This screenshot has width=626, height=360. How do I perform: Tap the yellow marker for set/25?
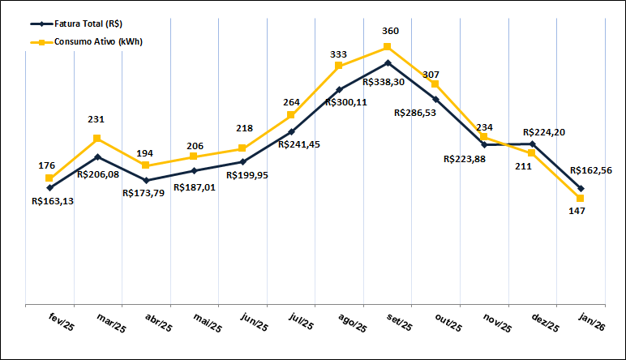tap(388, 47)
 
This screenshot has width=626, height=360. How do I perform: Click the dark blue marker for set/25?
tap(388, 62)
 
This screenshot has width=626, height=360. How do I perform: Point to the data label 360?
tap(391, 32)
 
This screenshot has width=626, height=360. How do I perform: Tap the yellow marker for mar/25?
tap(97, 139)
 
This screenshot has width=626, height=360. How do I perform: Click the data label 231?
tap(96, 120)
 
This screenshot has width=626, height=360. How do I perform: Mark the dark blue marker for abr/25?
tap(146, 180)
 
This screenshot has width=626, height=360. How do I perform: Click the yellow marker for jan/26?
tap(581, 198)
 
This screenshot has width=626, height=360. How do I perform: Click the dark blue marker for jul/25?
tap(291, 131)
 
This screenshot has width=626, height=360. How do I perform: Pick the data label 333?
tap(339, 54)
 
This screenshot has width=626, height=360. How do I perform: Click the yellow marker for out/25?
tap(435, 84)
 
